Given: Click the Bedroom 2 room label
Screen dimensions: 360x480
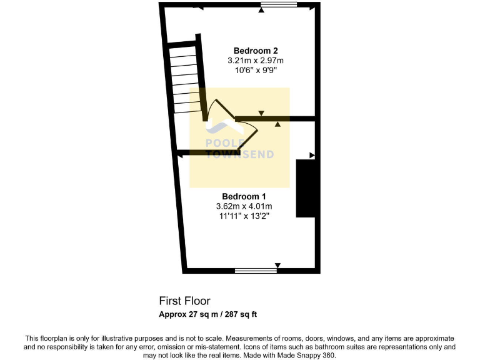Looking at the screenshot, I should click(256, 51).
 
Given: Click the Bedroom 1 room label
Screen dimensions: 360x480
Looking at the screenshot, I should click(243, 196).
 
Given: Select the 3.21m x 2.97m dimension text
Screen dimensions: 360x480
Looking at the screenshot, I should click(256, 61).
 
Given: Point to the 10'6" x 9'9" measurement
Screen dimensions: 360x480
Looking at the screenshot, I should click(256, 71).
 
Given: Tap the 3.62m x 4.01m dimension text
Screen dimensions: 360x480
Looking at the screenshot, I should click(244, 206).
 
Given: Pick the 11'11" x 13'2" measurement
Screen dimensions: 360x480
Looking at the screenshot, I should click(244, 216).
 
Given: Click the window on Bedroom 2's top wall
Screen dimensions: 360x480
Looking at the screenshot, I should click(278, 6).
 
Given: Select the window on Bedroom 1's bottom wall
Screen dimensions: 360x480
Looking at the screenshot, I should click(255, 271).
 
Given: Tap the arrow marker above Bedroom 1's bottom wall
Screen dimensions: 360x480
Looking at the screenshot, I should click(277, 265).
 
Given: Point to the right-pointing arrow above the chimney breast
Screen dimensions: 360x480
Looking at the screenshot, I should click(312, 154).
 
